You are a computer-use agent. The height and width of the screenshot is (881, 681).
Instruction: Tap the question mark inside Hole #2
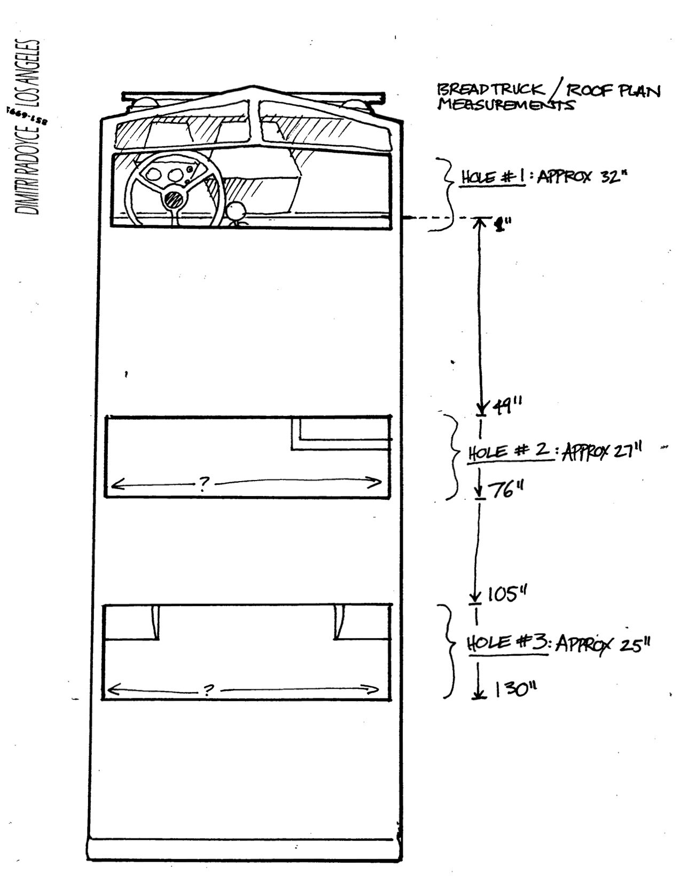[x=203, y=484]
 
